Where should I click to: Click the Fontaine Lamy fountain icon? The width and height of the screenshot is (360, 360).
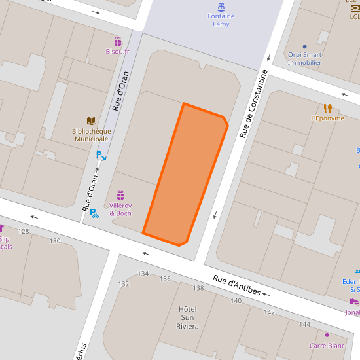[x=221, y=7]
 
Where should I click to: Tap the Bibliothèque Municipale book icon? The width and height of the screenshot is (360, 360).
[x=92, y=120]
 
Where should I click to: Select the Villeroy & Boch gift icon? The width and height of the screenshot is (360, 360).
[x=120, y=195]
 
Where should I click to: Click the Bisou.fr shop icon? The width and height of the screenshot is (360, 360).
[x=118, y=41]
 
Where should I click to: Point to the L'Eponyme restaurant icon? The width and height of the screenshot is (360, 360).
[x=328, y=108]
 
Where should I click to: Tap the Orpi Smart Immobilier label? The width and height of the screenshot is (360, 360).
[x=304, y=59]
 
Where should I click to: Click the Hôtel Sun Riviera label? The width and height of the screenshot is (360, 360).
[x=188, y=317]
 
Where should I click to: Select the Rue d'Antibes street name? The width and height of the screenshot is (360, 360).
[x=237, y=285]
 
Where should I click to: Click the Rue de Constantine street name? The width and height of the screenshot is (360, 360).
[x=254, y=103]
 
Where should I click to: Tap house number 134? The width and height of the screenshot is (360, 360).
[x=143, y=274]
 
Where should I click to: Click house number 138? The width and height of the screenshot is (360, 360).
[x=198, y=288]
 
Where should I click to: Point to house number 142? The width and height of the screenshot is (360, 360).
[x=269, y=312]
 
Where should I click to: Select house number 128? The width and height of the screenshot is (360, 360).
[x=24, y=232]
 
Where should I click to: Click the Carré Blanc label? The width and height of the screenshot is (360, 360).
[x=327, y=346]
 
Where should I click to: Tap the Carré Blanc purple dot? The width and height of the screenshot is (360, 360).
[x=327, y=335]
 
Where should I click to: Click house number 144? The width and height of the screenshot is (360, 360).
[x=304, y=324]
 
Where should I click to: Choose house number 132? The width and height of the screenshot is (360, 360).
[x=123, y=283]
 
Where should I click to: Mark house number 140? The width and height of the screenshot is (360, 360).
[x=236, y=300]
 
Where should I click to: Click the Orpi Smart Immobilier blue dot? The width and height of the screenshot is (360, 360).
[x=304, y=47]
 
